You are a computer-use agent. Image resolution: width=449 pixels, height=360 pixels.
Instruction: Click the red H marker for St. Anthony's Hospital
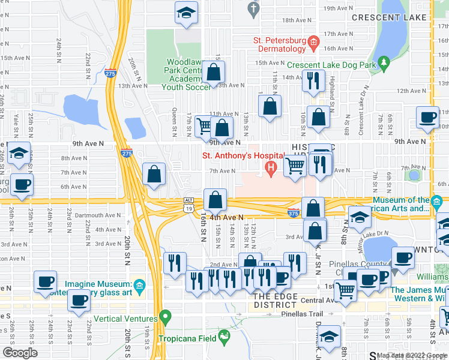coord(271,170)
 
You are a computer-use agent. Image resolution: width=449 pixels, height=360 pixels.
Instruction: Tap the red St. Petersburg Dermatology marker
coord(313,41)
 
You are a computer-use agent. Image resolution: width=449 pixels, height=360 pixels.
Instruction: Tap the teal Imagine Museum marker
coord(140,284)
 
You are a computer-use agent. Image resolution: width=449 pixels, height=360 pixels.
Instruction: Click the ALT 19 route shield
coord(188,203)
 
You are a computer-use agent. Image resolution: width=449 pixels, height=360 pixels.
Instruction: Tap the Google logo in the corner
coord(20,353)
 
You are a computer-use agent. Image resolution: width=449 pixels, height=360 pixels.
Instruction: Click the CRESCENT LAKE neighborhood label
coord(384,18)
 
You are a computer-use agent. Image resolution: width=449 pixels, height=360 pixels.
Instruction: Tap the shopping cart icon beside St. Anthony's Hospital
coord(295,165)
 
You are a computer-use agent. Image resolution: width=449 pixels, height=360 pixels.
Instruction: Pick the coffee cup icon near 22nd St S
coord(78,301)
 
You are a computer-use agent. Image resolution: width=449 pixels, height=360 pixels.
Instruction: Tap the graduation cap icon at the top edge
coord(187,12)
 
